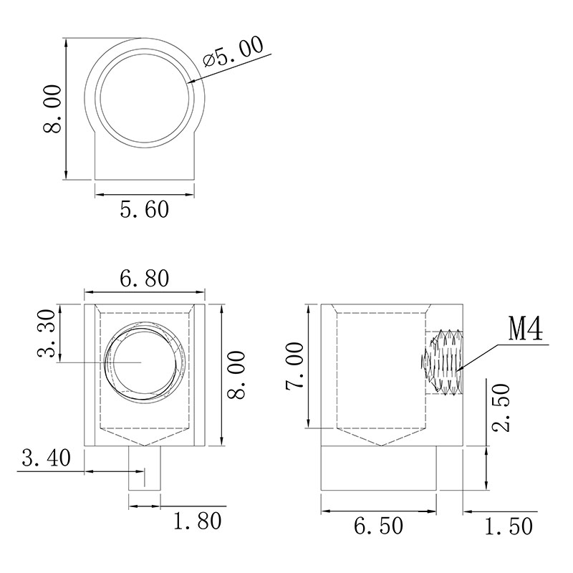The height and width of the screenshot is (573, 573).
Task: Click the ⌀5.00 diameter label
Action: [x=233, y=51]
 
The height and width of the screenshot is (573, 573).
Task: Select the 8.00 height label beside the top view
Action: [x=52, y=109]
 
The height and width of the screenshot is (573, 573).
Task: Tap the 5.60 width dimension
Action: [x=145, y=209]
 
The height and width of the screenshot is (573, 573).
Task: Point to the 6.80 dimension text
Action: [x=145, y=279]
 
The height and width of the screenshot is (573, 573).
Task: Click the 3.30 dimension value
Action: [x=47, y=333]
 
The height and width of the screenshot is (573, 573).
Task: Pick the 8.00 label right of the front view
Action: [x=236, y=375]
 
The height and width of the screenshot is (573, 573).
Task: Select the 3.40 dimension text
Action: [x=46, y=458]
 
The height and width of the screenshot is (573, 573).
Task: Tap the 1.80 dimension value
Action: [x=198, y=521]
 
